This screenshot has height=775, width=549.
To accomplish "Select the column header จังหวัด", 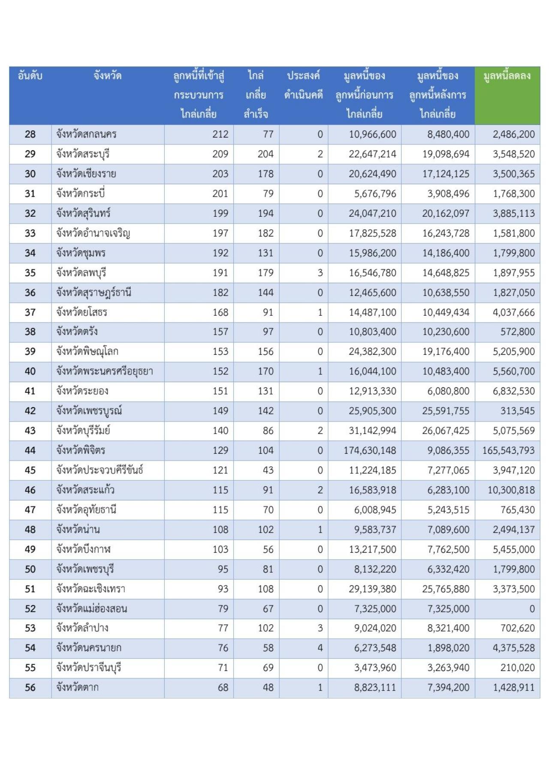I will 108,76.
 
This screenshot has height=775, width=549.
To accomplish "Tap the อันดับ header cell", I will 30,76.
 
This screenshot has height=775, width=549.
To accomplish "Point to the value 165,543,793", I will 508,451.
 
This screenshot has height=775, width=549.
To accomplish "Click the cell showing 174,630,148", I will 370,451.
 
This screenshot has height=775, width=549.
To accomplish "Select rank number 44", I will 30,451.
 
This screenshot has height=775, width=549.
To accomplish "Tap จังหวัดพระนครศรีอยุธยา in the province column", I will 105,371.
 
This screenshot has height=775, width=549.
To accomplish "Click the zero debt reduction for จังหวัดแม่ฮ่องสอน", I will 532,609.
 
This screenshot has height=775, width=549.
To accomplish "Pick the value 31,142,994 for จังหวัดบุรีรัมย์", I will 372,431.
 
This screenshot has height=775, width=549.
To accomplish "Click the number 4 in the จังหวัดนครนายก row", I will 320,648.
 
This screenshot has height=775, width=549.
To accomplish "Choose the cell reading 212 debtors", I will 220,135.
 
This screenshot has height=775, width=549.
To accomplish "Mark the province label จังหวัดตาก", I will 77,688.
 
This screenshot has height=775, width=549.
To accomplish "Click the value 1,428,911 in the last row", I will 513,688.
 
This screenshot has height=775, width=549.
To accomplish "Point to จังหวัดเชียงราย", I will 86,174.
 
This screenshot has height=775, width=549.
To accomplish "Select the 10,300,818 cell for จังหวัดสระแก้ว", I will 511,490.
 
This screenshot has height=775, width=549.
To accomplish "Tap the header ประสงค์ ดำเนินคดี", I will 303,85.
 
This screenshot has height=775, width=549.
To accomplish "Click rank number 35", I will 30,273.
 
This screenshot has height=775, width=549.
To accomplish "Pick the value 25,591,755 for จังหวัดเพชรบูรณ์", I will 446,411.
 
